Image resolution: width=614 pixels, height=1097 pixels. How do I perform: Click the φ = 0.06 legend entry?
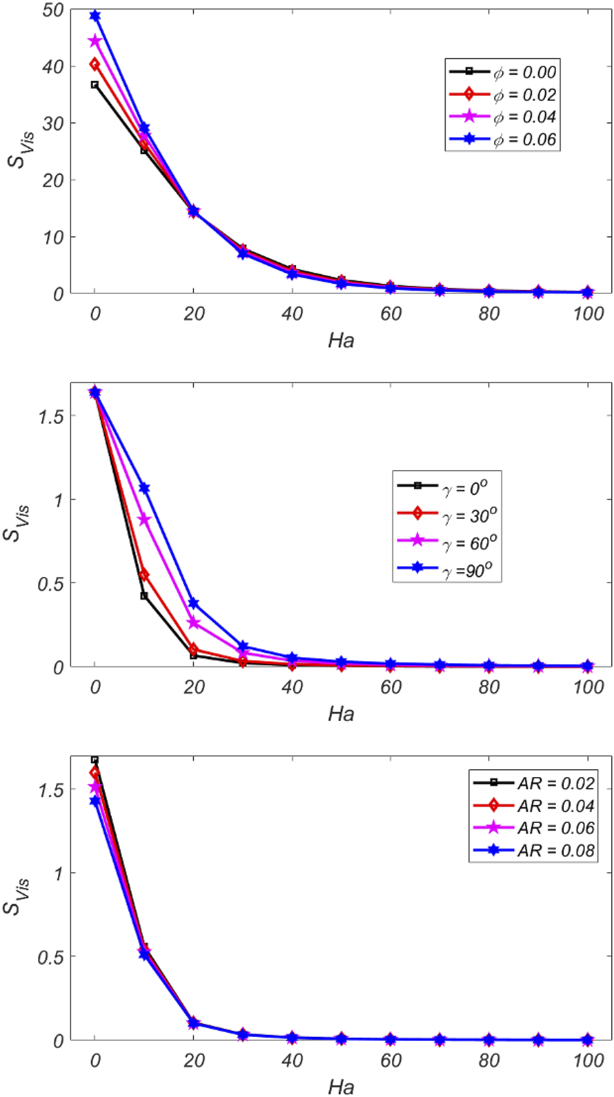click(x=502, y=139)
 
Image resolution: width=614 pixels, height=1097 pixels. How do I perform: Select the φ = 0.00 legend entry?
click(x=502, y=72)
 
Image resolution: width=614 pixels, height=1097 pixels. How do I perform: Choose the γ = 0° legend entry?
click(x=447, y=488)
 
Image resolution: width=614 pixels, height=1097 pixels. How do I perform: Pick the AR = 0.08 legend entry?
click(x=532, y=850)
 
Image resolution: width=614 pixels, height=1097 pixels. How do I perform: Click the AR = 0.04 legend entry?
click(x=532, y=806)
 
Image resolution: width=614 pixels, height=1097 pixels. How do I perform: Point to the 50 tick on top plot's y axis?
click(x=52, y=10)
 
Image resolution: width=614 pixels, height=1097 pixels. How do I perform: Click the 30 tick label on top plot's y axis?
click(x=52, y=123)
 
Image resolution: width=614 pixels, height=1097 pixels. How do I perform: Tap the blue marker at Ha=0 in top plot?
click(x=95, y=16)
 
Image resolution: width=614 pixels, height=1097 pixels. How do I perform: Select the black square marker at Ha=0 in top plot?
click(x=95, y=85)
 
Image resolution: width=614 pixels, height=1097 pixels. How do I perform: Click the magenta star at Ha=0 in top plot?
click(x=95, y=41)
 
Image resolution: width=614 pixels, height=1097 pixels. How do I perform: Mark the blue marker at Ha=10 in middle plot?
click(x=144, y=488)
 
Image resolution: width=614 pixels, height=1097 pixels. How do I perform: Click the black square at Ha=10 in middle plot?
click(x=144, y=596)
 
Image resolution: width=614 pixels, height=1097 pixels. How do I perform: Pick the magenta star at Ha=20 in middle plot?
click(x=193, y=623)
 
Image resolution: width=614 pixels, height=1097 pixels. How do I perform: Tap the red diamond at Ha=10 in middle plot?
click(x=144, y=575)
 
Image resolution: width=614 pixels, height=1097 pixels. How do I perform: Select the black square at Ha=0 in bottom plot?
click(x=95, y=760)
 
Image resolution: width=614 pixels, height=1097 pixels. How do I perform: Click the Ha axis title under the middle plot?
click(x=341, y=713)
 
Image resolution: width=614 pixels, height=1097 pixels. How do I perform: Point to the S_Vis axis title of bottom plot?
click(x=16, y=897)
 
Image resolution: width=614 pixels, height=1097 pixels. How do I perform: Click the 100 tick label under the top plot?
click(x=588, y=314)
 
